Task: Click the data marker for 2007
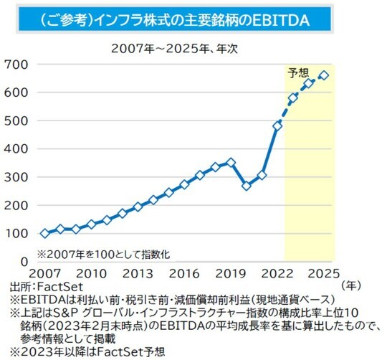(45, 233)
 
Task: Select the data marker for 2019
(231, 163)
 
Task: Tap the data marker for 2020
(247, 186)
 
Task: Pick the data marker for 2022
(278, 125)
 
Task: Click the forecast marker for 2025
(324, 75)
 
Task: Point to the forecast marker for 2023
(293, 98)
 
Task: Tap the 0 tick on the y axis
(24, 261)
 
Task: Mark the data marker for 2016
(184, 184)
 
